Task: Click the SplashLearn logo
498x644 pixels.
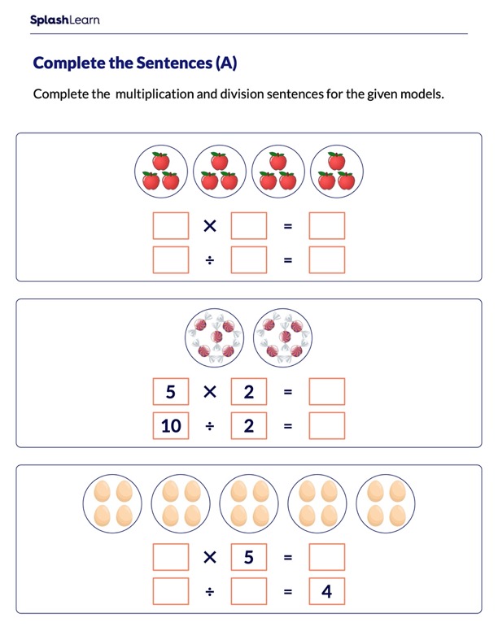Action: [x=64, y=20]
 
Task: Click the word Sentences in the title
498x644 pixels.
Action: [x=174, y=63]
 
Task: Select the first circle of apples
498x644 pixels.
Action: [x=161, y=172]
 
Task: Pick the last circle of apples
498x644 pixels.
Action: [x=337, y=172]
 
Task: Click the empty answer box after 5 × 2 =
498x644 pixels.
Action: [x=326, y=391]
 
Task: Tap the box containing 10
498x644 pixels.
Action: [x=171, y=425]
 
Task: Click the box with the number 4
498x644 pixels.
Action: [x=326, y=591]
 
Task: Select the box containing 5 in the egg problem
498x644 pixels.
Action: [x=248, y=557]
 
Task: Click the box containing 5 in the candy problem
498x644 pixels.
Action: [x=171, y=391]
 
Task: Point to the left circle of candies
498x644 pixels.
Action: [x=214, y=337]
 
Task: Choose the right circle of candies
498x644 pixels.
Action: [x=282, y=337]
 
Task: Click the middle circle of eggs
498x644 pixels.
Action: [x=249, y=503]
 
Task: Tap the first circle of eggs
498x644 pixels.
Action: [x=112, y=503]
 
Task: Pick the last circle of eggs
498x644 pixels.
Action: [x=386, y=503]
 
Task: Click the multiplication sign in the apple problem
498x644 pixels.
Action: [x=210, y=225]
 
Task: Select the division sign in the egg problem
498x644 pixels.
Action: [x=210, y=591]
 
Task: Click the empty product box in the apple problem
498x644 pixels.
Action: [x=326, y=225]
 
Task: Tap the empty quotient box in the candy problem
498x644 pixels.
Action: [x=326, y=425]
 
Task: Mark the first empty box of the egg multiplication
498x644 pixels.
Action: [x=171, y=557]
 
